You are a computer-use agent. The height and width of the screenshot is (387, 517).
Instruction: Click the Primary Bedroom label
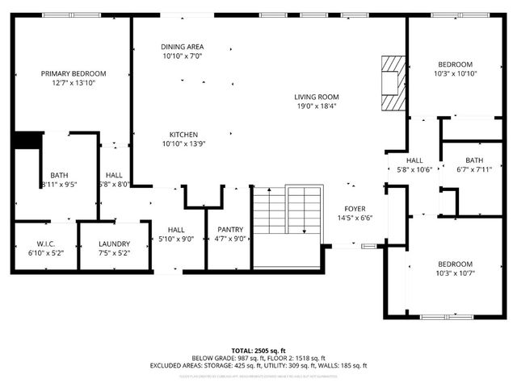tap(74, 73)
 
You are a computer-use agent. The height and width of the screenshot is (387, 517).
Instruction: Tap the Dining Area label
tap(182, 48)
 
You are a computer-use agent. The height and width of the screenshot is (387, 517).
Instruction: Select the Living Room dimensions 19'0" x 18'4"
tap(316, 106)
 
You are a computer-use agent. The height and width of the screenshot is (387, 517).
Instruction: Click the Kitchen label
tap(183, 135)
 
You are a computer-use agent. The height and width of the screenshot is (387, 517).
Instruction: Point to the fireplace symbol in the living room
tap(391, 82)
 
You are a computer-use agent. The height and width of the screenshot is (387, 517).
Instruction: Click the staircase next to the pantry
tap(288, 226)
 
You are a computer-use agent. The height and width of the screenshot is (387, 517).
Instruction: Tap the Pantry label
tap(229, 230)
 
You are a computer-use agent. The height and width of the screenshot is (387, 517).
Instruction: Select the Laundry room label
tap(114, 244)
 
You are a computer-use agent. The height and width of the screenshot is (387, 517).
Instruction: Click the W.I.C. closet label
tap(45, 244)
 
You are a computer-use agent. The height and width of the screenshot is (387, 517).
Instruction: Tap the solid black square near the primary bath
tap(27, 139)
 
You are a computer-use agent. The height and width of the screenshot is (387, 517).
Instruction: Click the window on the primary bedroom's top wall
tap(66, 15)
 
